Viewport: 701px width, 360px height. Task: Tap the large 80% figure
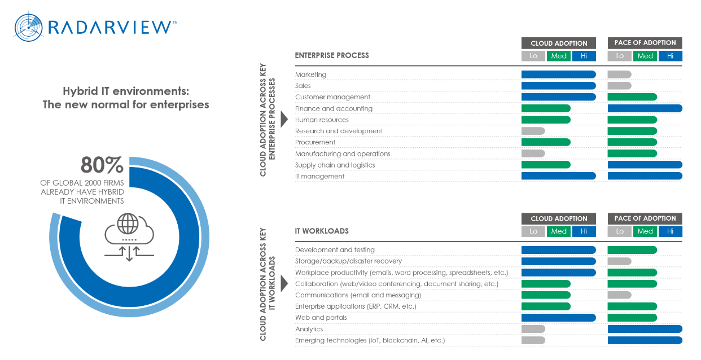102,165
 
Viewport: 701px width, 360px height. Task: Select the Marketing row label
311,74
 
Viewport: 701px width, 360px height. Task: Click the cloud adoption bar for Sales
558,86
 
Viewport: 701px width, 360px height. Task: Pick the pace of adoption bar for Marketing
619,74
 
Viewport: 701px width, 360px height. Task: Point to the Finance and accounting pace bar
645,108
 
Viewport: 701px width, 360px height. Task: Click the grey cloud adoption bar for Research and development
533,131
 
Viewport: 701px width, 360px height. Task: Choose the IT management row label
319,176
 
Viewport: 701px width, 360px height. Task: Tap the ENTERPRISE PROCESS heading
332,55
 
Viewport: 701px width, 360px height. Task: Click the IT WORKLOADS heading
322,231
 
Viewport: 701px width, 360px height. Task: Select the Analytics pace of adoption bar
645,329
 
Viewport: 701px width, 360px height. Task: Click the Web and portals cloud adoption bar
558,318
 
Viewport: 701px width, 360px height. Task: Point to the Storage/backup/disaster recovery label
348,261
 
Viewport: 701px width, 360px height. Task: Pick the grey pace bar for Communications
619,295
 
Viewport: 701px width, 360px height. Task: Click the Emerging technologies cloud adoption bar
533,340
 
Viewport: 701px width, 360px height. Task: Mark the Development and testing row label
335,250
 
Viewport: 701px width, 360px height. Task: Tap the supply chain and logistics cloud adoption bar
546,165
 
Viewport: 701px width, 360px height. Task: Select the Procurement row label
315,142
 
